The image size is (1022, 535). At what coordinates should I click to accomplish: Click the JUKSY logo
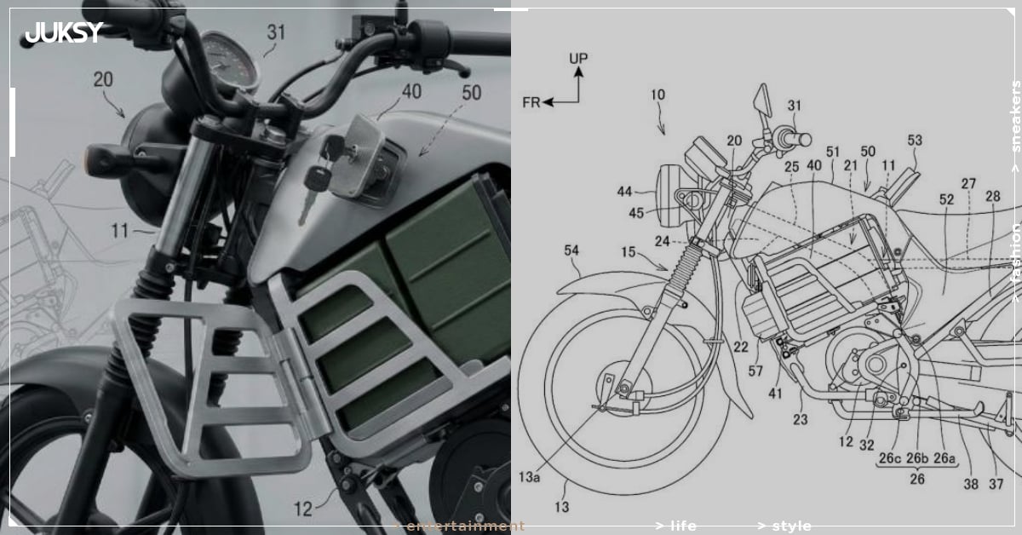click(64, 33)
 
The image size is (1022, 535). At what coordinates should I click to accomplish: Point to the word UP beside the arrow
click(578, 59)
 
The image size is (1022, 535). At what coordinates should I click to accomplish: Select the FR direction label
click(531, 102)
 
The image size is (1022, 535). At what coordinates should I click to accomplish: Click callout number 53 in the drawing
click(915, 139)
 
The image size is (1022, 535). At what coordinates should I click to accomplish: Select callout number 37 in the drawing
click(997, 484)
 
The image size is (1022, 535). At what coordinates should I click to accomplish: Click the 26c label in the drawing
click(889, 458)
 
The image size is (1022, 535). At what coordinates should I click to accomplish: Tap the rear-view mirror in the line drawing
click(761, 101)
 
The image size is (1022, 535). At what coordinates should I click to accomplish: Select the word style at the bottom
click(789, 526)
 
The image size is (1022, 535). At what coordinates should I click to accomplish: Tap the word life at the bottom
click(681, 526)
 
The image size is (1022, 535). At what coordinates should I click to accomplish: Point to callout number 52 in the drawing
click(947, 223)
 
